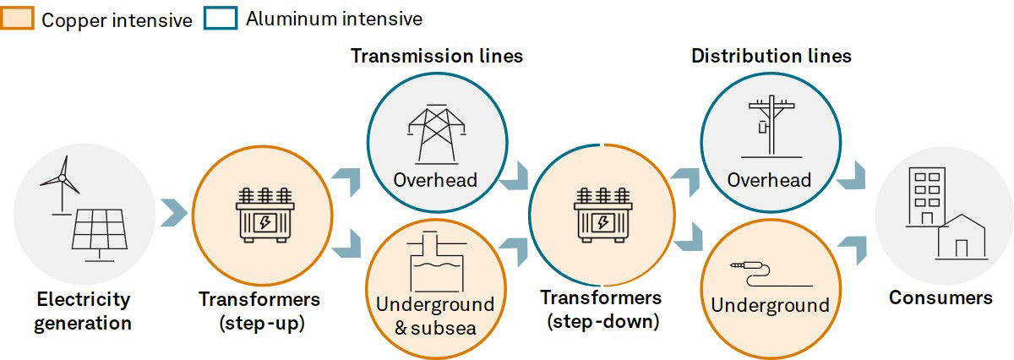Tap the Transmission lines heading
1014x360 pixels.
437,57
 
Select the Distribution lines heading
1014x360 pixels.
771,57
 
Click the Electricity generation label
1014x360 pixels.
84,310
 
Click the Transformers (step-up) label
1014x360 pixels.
259,310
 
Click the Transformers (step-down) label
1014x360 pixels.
601,308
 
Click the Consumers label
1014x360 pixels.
940,298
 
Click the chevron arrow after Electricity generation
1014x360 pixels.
172,214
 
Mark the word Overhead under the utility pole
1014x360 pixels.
769,180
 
